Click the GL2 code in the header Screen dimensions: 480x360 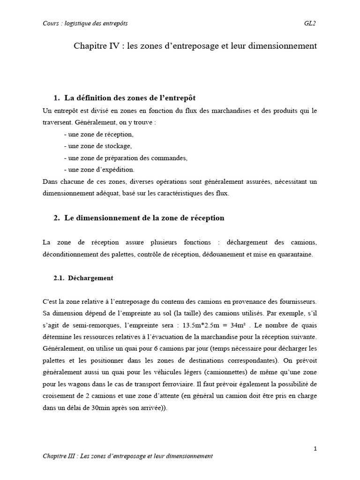coord(309,23)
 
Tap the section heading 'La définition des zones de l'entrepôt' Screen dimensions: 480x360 coord(130,98)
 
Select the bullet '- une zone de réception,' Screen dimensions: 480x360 coord(97,134)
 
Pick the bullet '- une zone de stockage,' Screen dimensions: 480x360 coord(96,146)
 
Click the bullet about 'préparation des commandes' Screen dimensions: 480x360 coord(125,157)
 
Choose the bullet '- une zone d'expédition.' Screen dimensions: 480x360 coord(98,169)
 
